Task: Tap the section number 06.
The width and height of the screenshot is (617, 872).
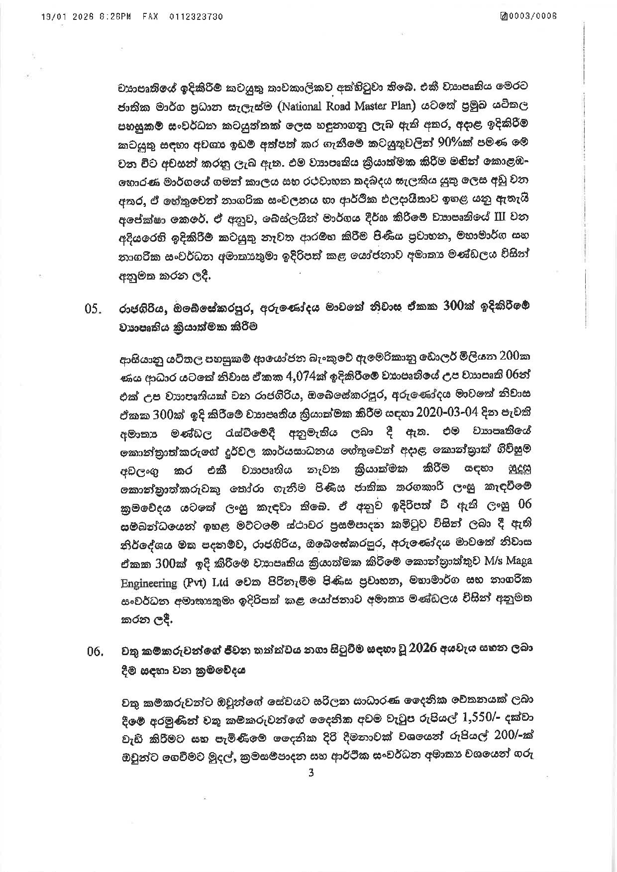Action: tap(93, 652)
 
